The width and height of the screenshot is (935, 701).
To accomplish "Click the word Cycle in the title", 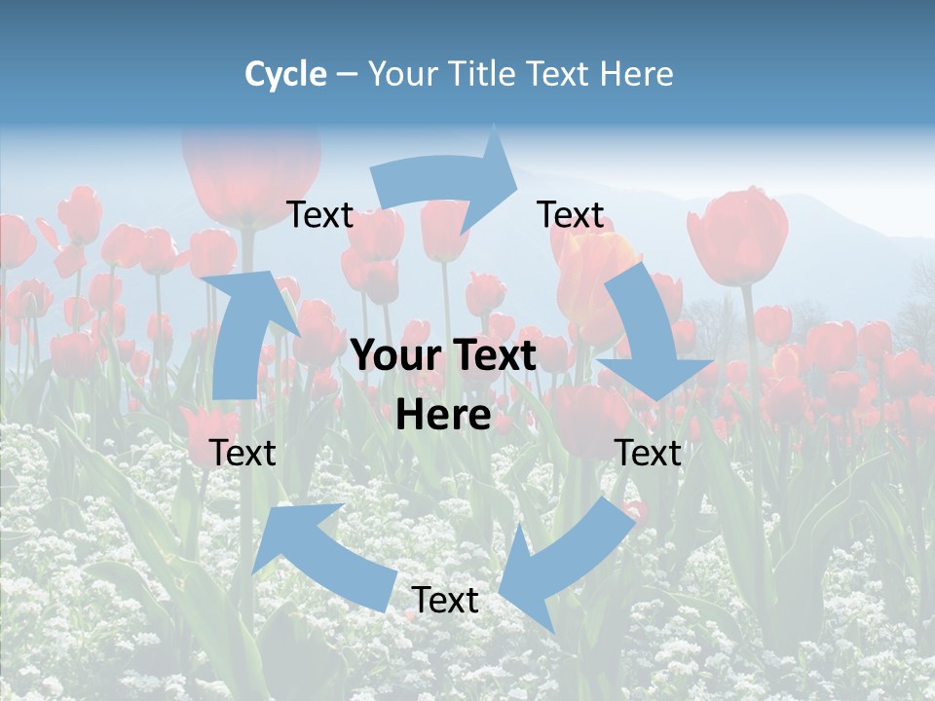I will tap(285, 74).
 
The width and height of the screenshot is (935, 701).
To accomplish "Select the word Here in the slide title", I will tap(636, 74).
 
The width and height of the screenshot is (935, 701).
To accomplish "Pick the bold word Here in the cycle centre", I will tap(443, 416).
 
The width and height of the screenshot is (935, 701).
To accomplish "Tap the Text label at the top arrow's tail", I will tap(319, 215).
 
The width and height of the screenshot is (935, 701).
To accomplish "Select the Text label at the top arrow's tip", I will tap(571, 215).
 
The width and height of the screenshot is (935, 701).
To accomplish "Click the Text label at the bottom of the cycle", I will tap(444, 601).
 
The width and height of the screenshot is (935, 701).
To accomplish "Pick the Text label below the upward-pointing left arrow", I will tap(243, 453).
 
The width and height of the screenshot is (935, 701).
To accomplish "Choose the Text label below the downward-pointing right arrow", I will tap(648, 453).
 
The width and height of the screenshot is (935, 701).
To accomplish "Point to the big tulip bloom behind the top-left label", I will tap(251, 170).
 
